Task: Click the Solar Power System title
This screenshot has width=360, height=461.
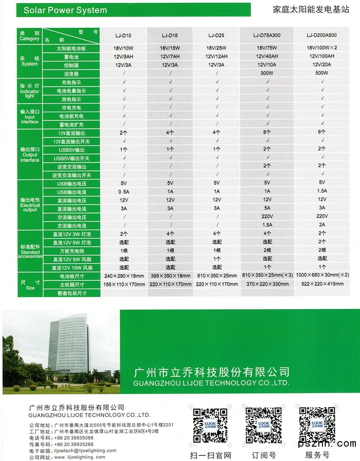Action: [x=65, y=10]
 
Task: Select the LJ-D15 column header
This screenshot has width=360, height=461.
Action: [x=170, y=35]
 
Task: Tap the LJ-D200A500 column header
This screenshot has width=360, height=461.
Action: [x=322, y=35]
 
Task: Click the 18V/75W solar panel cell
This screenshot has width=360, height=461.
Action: [x=267, y=48]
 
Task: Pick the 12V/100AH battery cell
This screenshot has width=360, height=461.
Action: [x=322, y=56]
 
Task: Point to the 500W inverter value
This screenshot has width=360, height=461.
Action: [x=322, y=74]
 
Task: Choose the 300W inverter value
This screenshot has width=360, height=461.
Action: [x=267, y=74]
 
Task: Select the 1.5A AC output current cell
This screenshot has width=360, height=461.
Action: [x=267, y=225]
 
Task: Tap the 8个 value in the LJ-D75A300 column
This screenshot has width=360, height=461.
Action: [x=267, y=133]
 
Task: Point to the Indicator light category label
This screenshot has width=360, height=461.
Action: [x=30, y=91]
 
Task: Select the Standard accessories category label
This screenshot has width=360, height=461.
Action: [x=30, y=250]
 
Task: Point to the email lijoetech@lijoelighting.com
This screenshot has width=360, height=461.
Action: [x=85, y=450]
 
